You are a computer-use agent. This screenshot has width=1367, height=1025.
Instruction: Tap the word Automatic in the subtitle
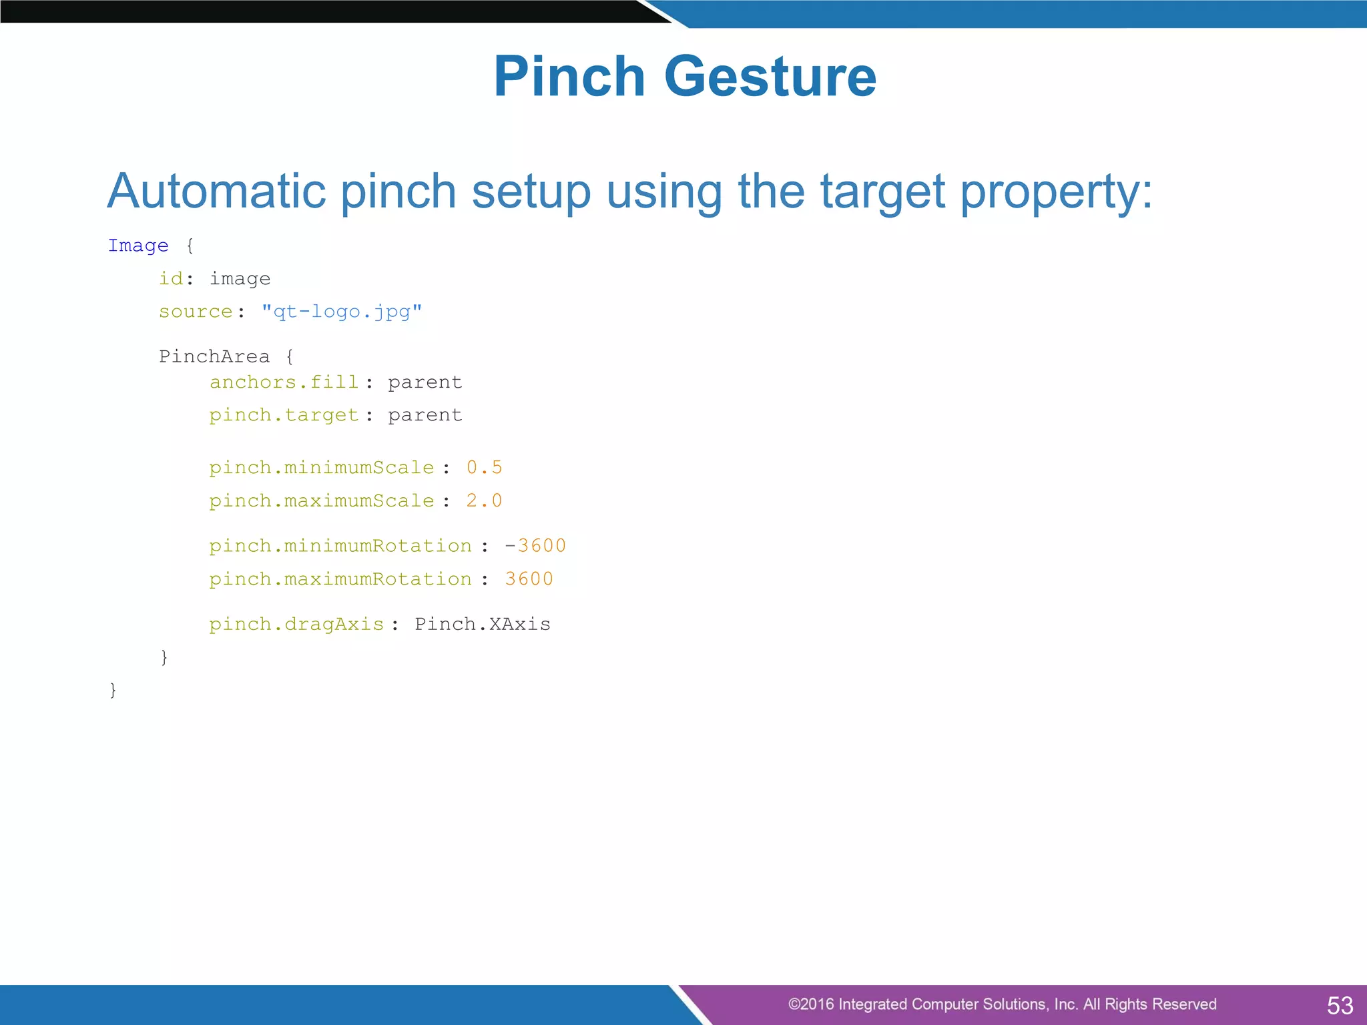click(x=216, y=192)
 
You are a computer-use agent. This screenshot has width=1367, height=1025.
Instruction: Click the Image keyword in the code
click(x=138, y=246)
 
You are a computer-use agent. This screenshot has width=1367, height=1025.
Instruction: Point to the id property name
click(x=171, y=278)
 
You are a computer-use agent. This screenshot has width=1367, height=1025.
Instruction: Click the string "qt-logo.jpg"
click(x=342, y=312)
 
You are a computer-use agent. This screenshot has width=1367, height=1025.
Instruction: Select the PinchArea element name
click(x=214, y=356)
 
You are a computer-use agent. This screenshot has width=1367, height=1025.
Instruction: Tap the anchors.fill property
click(x=284, y=382)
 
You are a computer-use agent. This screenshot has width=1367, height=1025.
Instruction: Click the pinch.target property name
click(x=284, y=415)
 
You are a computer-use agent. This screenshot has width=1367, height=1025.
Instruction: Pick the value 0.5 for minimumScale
click(x=484, y=467)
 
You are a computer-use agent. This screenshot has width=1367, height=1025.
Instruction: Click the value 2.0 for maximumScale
click(x=484, y=500)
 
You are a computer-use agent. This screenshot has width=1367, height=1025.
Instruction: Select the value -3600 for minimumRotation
click(x=535, y=546)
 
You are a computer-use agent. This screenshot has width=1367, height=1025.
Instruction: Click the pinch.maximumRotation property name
click(x=340, y=579)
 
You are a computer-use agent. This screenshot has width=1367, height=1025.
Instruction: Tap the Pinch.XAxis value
click(x=483, y=624)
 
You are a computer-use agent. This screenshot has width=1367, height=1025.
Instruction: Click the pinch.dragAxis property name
click(x=296, y=624)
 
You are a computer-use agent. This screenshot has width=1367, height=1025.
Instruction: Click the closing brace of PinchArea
click(x=164, y=657)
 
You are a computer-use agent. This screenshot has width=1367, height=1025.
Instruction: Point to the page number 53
click(x=1340, y=1005)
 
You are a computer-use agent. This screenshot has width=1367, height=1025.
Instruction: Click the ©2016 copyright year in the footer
click(x=811, y=1004)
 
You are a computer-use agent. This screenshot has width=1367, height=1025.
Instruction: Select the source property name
click(x=196, y=312)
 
